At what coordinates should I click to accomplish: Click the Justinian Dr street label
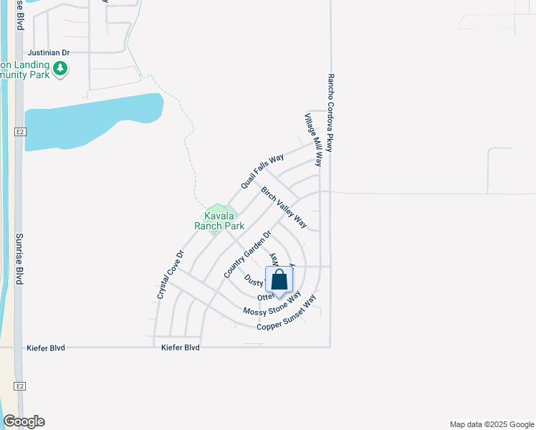pos(49,53)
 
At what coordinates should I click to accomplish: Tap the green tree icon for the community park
pos(62,69)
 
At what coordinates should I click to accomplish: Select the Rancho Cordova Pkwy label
pos(331,112)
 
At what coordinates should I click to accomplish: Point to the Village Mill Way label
pos(312,140)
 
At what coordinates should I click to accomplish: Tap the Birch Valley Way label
pos(284,208)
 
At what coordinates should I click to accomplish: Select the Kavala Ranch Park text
pos(219,221)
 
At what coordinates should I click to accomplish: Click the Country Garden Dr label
pos(248,254)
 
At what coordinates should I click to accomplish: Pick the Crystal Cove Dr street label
pos(171,274)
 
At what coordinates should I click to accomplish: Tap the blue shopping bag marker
pos(279,280)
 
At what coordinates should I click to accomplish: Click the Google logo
pos(24,421)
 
